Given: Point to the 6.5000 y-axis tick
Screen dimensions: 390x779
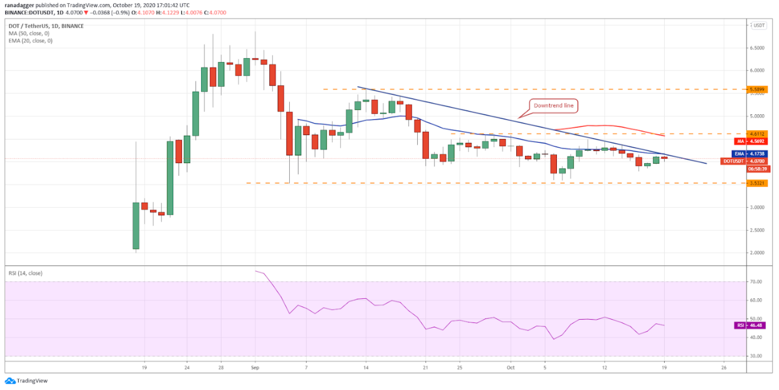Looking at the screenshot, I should (758, 48).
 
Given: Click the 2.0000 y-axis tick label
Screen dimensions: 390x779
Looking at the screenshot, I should (758, 253).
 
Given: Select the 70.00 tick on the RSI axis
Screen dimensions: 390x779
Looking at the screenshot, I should (756, 282).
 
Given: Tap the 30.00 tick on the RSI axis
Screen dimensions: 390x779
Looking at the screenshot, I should (756, 356).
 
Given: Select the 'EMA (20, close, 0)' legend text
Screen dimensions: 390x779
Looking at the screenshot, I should (30, 41).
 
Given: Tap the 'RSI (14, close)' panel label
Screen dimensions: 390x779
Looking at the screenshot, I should (25, 273).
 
